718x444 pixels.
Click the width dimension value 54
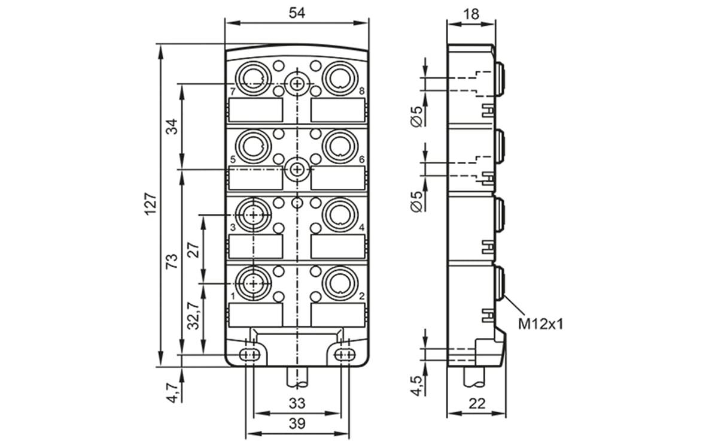pyautogui.click(x=297, y=13)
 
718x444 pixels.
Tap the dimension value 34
pyautogui.click(x=172, y=126)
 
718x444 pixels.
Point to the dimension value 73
pyautogui.click(x=172, y=261)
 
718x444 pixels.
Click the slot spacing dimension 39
pyautogui.click(x=297, y=424)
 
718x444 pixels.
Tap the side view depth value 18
pyautogui.click(x=471, y=13)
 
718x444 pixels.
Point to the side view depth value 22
pyautogui.click(x=476, y=403)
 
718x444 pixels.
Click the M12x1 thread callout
pyautogui.click(x=540, y=324)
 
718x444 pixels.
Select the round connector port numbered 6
pyautogui.click(x=339, y=146)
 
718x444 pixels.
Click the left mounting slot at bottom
pyautogui.click(x=250, y=355)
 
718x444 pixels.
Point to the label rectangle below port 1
pyautogui.click(x=255, y=314)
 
